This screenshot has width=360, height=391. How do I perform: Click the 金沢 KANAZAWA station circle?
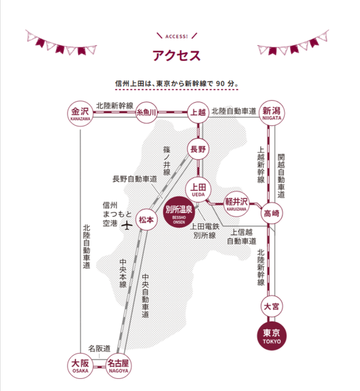(81, 112)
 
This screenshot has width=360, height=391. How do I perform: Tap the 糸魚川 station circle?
(147, 112)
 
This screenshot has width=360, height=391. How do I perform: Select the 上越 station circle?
(197, 112)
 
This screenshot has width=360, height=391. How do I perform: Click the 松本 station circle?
(146, 219)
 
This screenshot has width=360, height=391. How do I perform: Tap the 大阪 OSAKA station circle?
(80, 365)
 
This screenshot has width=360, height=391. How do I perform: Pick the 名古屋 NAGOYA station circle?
(117, 365)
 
